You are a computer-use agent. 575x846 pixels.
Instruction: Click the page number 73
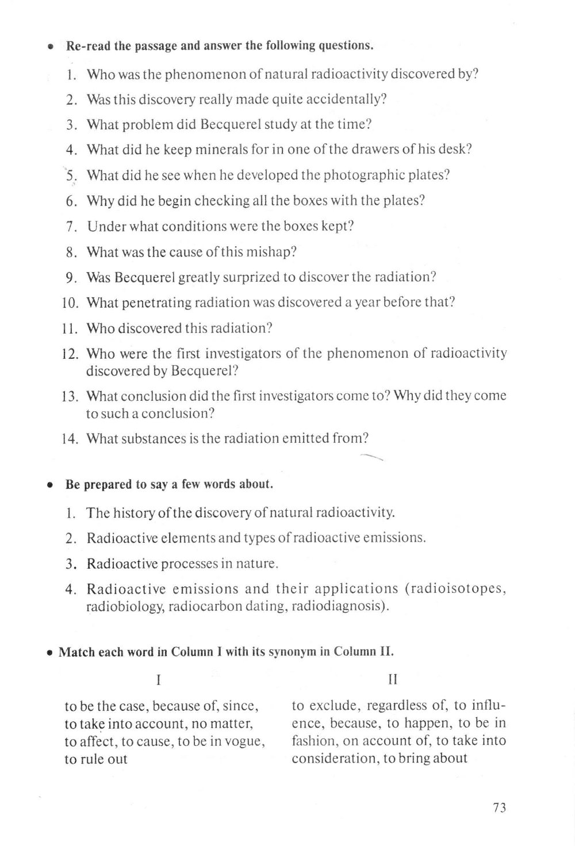(x=499, y=807)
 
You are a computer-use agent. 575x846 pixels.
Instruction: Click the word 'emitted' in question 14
(x=305, y=439)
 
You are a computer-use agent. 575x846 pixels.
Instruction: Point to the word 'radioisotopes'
(x=457, y=589)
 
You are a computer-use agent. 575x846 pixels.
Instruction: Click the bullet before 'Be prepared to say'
(x=51, y=485)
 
